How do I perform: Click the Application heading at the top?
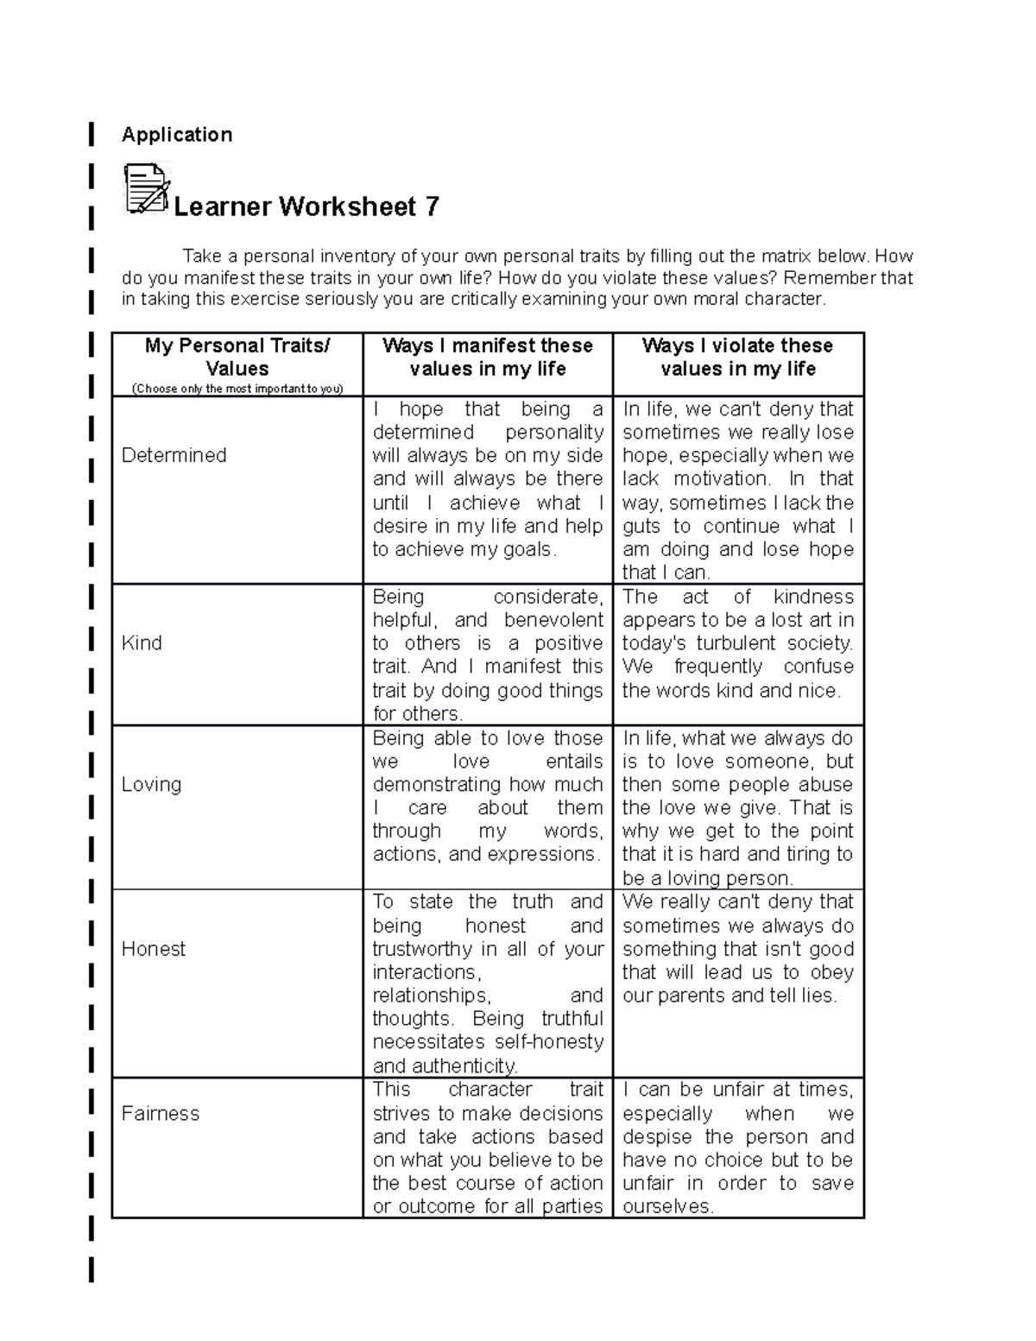[177, 135]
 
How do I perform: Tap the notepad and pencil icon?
[147, 189]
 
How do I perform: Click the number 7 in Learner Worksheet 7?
[431, 207]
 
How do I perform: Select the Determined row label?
[174, 455]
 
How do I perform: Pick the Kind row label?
[142, 642]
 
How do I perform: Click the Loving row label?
[152, 784]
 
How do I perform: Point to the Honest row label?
[154, 949]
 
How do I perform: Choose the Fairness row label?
[161, 1113]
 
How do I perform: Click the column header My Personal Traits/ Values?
[237, 357]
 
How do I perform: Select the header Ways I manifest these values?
[488, 357]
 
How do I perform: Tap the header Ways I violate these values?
[738, 357]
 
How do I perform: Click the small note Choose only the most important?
[237, 389]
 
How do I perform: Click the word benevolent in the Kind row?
[553, 620]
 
